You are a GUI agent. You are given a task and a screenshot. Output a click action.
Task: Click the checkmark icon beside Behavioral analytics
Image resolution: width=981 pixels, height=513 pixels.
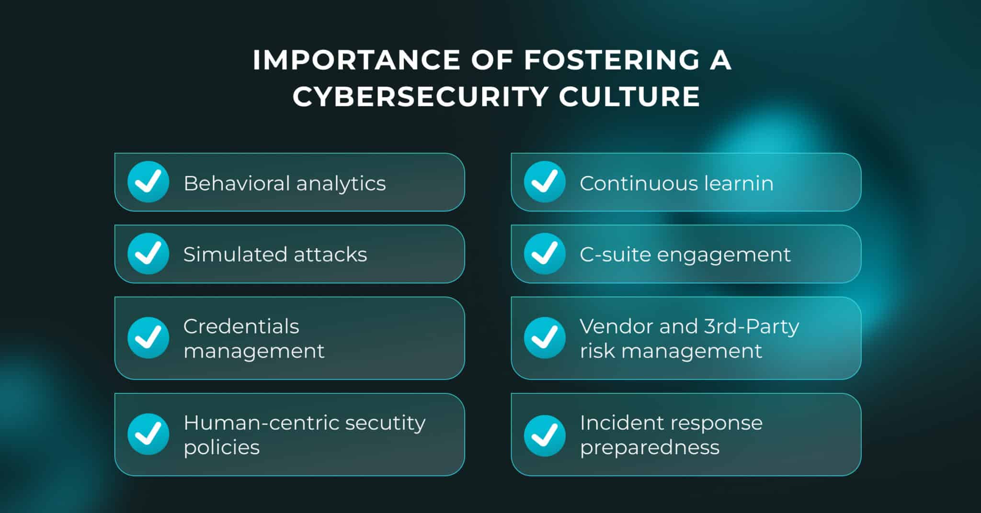click(148, 182)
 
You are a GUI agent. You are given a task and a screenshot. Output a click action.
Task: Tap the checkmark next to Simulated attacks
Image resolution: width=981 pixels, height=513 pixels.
click(148, 254)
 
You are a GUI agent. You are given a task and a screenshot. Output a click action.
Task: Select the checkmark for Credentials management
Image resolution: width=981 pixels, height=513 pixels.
click(148, 338)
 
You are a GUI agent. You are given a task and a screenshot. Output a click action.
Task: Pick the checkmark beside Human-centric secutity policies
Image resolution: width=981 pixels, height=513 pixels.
click(148, 434)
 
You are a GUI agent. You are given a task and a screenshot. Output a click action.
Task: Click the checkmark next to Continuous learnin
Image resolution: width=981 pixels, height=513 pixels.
click(545, 182)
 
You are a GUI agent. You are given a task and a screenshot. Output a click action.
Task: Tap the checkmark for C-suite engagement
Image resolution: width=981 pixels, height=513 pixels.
click(545, 254)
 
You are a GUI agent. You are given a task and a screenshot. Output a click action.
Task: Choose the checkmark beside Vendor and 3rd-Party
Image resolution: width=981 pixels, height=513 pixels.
click(545, 338)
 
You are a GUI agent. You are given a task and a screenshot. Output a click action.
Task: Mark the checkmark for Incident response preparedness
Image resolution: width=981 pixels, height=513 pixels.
click(545, 435)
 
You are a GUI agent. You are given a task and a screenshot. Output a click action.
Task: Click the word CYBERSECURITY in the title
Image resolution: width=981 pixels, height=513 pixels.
click(420, 96)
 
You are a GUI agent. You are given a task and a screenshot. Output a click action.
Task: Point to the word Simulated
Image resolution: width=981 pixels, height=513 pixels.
click(234, 255)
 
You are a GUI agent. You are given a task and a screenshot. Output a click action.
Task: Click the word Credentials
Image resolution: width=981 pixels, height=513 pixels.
click(241, 326)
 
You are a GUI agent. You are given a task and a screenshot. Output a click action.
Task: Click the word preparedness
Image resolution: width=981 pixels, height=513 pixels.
click(650, 448)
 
